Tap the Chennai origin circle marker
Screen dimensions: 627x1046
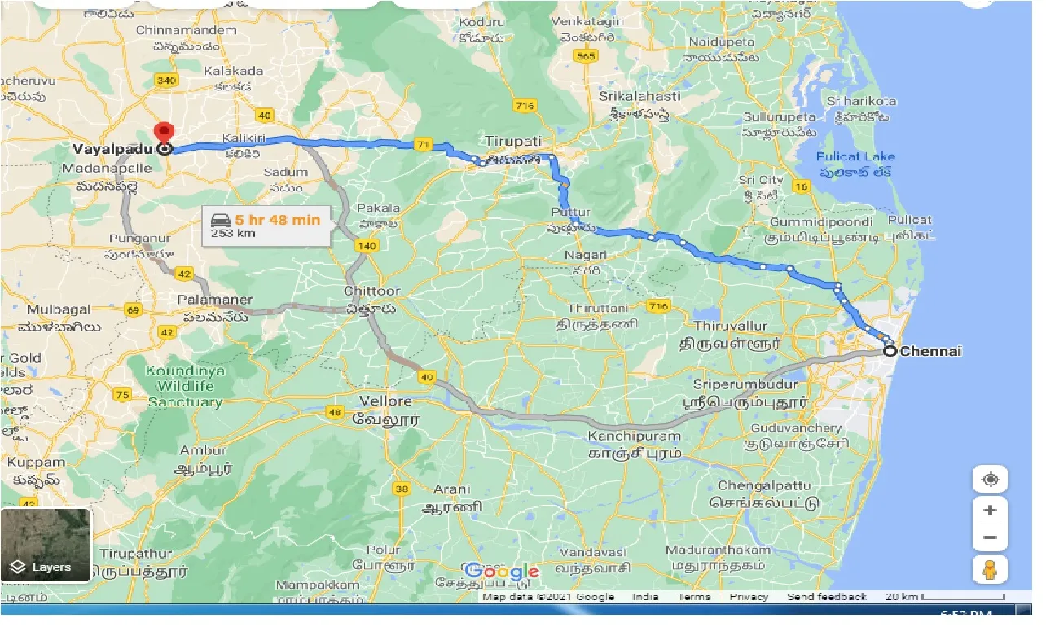890,352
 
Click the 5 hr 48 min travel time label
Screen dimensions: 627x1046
277,218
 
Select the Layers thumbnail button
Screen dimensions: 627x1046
46,545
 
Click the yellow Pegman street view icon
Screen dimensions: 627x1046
990,570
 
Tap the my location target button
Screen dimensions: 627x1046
990,480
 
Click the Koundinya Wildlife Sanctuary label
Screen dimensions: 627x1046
185,386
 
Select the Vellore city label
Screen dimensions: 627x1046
385,401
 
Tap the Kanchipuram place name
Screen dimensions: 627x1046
635,436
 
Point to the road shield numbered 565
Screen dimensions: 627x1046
584,56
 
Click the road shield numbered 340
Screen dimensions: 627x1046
165,80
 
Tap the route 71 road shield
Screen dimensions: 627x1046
422,145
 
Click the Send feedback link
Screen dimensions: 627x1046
826,597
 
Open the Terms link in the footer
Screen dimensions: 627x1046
694,597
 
